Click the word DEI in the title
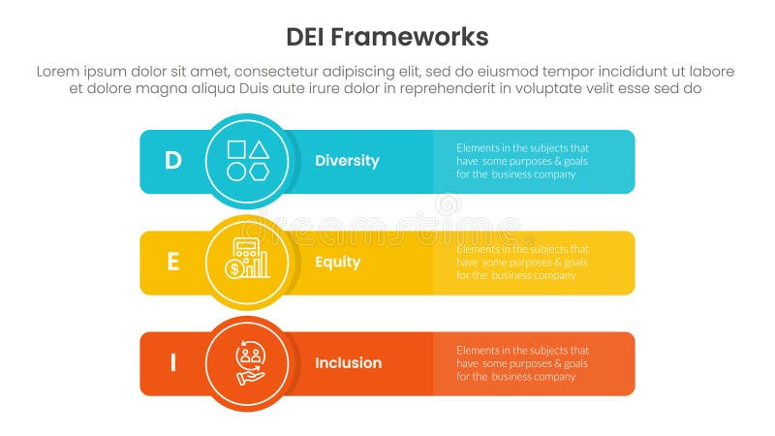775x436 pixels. (309, 38)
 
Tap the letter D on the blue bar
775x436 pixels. (172, 161)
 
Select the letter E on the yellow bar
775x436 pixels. (172, 262)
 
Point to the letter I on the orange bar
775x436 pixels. (172, 362)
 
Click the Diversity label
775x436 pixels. (347, 161)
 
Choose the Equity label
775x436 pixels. (337, 262)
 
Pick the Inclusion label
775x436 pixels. (348, 362)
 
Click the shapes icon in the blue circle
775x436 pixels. (247, 161)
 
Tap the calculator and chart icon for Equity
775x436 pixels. (247, 261)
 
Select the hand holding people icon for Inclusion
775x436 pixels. (247, 362)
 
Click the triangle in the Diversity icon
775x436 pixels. (259, 149)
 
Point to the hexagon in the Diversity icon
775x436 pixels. (259, 171)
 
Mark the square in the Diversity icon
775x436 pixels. (235, 149)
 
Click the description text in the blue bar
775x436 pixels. (522, 161)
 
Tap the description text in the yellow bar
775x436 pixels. (522, 262)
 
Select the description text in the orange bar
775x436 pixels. (522, 362)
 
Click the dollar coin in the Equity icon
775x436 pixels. (235, 269)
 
